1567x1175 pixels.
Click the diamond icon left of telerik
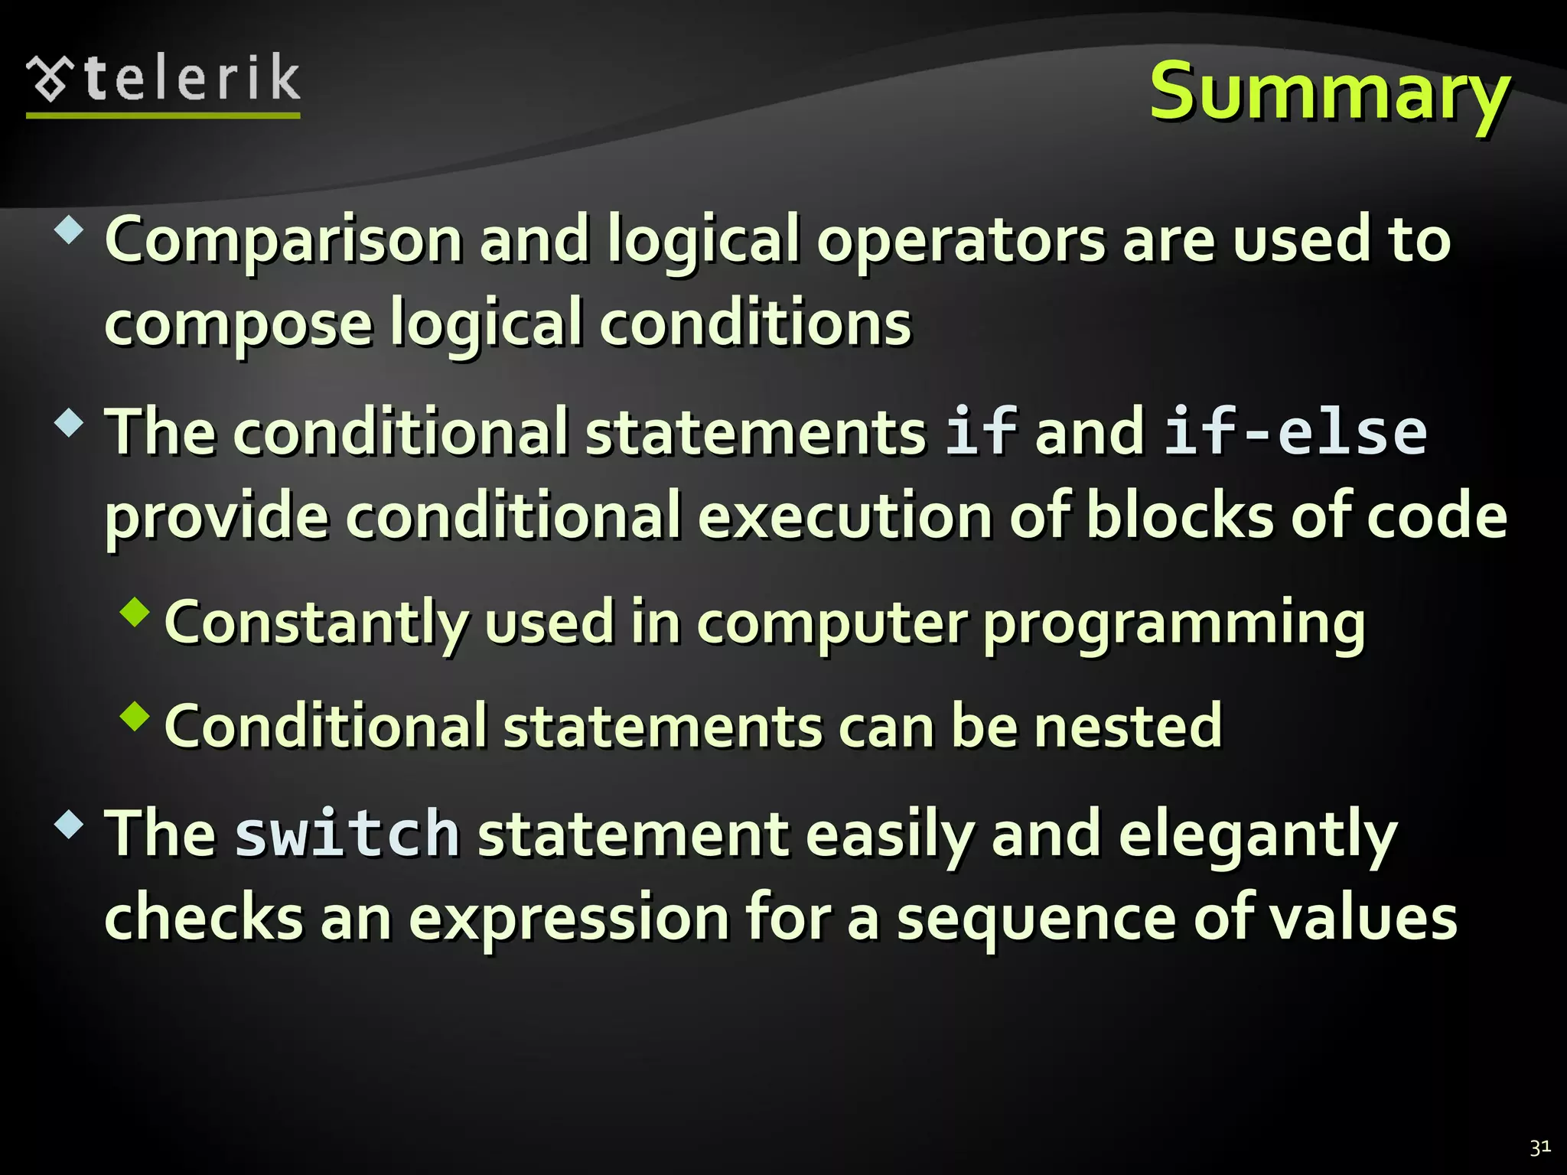point(50,79)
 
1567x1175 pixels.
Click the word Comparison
point(283,241)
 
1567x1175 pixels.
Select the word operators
point(961,241)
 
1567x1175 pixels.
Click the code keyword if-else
point(1295,432)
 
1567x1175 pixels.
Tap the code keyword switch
point(347,834)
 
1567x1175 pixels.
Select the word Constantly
point(315,623)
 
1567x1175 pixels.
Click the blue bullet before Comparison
point(70,229)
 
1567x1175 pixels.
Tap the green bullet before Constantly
point(135,612)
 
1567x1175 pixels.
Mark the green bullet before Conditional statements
point(135,716)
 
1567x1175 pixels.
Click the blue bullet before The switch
point(70,824)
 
